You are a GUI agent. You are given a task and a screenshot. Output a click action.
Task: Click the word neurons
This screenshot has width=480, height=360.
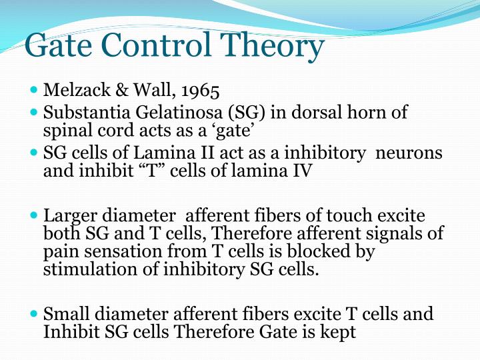pos(409,153)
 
